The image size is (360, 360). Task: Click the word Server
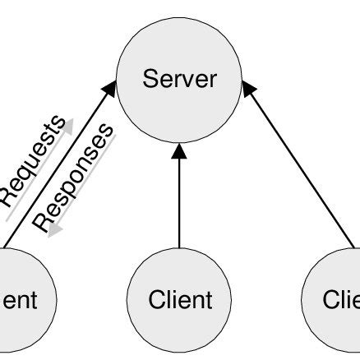tap(179, 79)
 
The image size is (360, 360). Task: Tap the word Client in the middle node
tap(179, 300)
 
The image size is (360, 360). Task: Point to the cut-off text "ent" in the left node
tap(18, 300)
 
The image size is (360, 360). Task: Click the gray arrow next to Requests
tap(59, 157)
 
